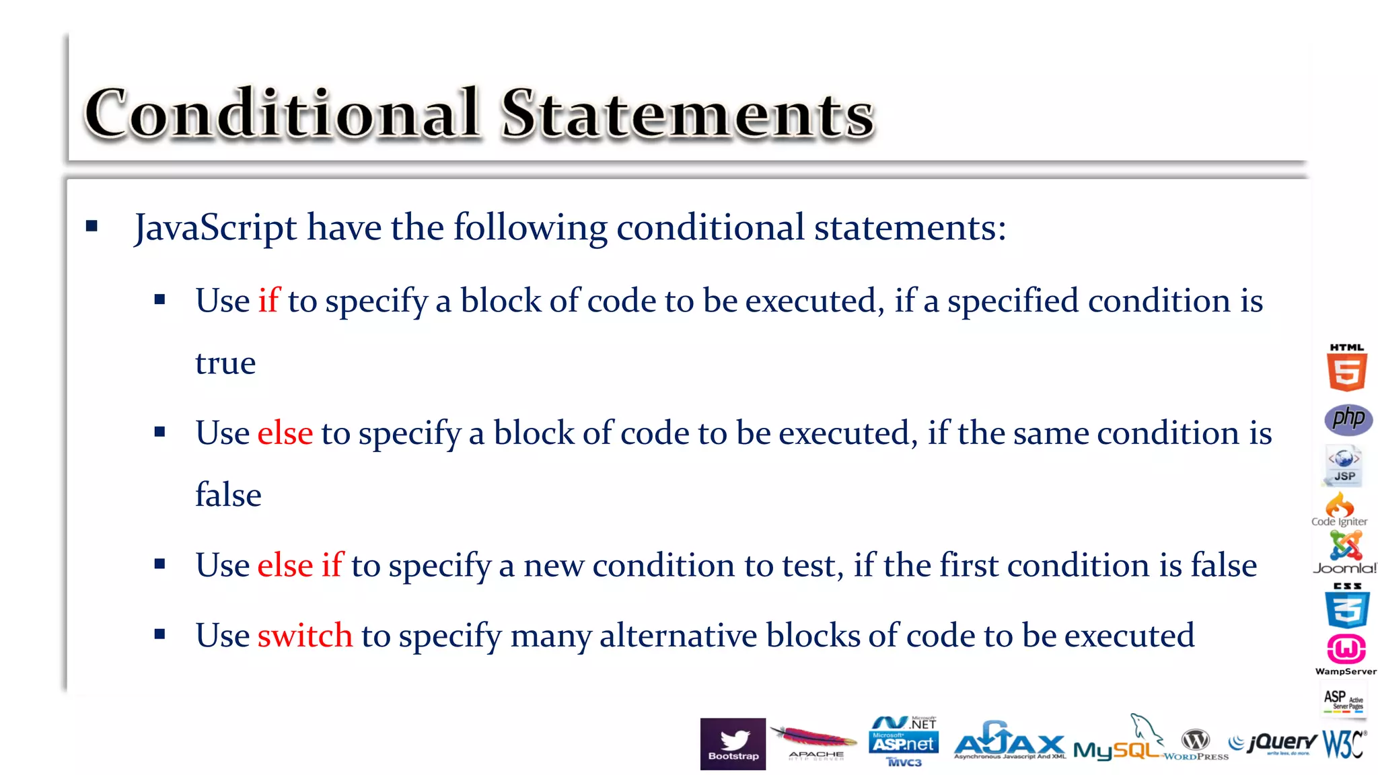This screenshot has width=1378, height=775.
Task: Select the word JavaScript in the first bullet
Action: (215, 227)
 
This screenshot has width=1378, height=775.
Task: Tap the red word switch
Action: (305, 635)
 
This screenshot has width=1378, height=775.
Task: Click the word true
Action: (225, 363)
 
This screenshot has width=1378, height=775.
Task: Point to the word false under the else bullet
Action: (228, 495)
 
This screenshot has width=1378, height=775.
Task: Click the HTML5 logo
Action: (1346, 369)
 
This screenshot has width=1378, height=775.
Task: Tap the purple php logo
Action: (1348, 419)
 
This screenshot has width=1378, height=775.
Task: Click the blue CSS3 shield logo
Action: (1347, 606)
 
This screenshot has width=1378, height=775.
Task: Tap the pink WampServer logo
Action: (1346, 653)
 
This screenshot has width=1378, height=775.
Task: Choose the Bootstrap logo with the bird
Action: (733, 744)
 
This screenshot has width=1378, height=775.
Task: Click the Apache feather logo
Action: (814, 742)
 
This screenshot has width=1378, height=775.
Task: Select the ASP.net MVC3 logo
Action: (904, 741)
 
